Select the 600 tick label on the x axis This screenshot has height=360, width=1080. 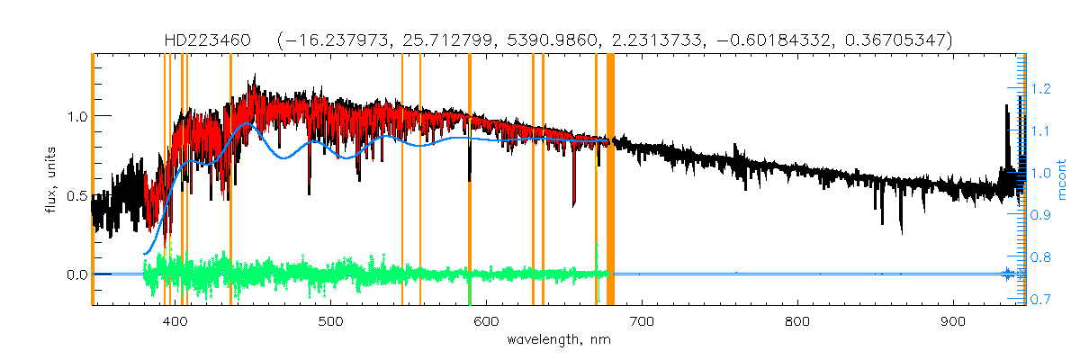(486, 320)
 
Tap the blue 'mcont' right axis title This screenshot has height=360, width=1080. (1062, 180)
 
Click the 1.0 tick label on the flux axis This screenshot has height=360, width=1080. (74, 117)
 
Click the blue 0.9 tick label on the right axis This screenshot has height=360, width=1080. (1040, 215)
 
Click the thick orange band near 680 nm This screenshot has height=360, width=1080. (610, 180)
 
